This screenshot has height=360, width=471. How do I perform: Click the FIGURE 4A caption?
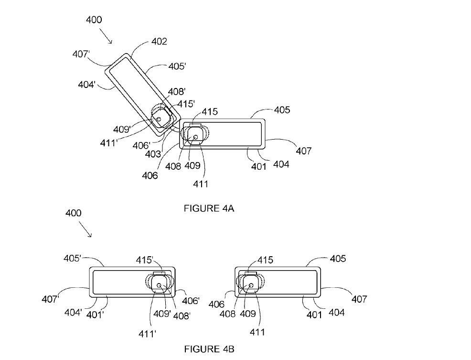209,208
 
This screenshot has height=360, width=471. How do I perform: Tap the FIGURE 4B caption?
209,349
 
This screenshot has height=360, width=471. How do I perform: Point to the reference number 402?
159,42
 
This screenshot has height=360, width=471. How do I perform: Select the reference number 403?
153,154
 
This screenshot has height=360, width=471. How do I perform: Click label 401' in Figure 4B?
95,315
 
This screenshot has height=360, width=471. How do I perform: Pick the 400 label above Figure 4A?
94,20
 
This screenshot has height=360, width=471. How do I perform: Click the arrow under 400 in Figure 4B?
86,229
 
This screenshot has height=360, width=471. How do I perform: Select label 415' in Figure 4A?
186,104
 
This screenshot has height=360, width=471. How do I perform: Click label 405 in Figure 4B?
338,259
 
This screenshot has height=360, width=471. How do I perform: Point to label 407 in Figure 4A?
304,151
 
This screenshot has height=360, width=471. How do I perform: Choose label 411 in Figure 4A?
200,184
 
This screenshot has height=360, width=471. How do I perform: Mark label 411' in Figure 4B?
147,334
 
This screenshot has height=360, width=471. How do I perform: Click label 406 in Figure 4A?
150,175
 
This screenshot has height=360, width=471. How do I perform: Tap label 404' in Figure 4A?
86,85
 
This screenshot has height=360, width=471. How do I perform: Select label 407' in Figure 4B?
50,299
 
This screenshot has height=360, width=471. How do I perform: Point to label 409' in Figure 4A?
122,130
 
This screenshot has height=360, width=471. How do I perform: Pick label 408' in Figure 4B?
182,316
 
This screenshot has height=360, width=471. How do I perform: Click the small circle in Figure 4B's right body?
251,285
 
